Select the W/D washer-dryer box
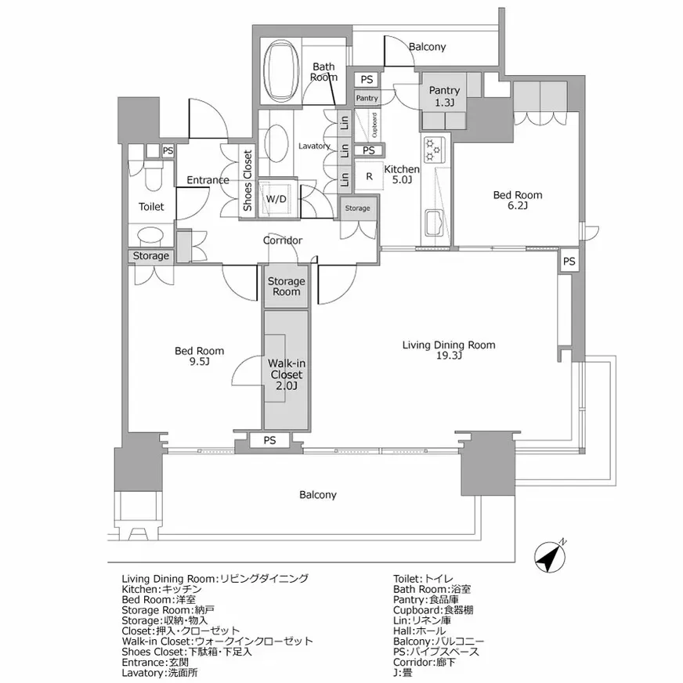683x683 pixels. [x=276, y=199]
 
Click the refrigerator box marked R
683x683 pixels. [x=369, y=176]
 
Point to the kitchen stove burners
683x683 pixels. [x=434, y=149]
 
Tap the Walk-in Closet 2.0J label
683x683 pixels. [x=286, y=374]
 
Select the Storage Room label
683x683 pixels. [x=286, y=286]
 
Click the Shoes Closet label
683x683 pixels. [x=248, y=181]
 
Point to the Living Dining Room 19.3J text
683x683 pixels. [x=449, y=350]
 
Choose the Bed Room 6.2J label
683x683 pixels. [x=518, y=200]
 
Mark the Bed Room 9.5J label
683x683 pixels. [x=199, y=356]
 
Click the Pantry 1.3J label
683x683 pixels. [x=444, y=96]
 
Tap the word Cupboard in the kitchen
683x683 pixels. [x=374, y=125]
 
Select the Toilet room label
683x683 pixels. [x=151, y=207]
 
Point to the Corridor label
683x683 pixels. [x=283, y=240]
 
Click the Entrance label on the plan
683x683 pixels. [x=208, y=180]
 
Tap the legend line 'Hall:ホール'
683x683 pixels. [x=420, y=631]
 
